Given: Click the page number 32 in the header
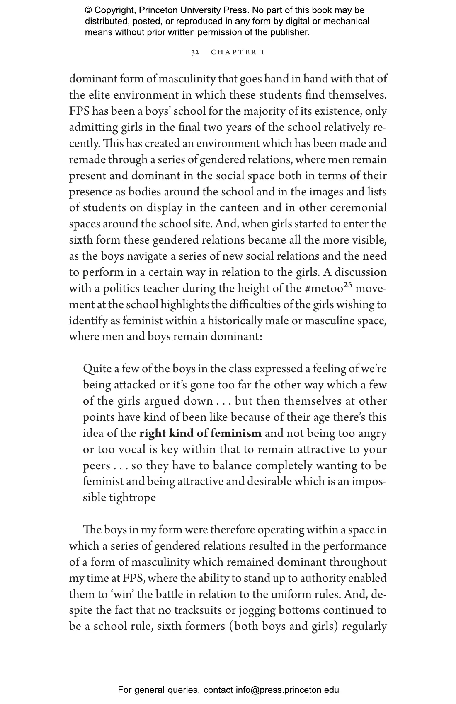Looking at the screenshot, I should [x=195, y=52].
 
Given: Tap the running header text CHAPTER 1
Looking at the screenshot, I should [x=238, y=52].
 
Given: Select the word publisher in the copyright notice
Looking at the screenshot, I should [x=289, y=32].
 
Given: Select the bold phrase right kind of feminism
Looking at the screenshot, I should [x=200, y=434].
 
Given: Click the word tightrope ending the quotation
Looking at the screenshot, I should [x=132, y=498].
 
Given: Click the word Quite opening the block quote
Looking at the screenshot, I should [x=95, y=369].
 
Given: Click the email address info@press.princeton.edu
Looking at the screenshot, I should [x=287, y=690].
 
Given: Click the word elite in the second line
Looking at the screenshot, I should [x=99, y=95].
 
